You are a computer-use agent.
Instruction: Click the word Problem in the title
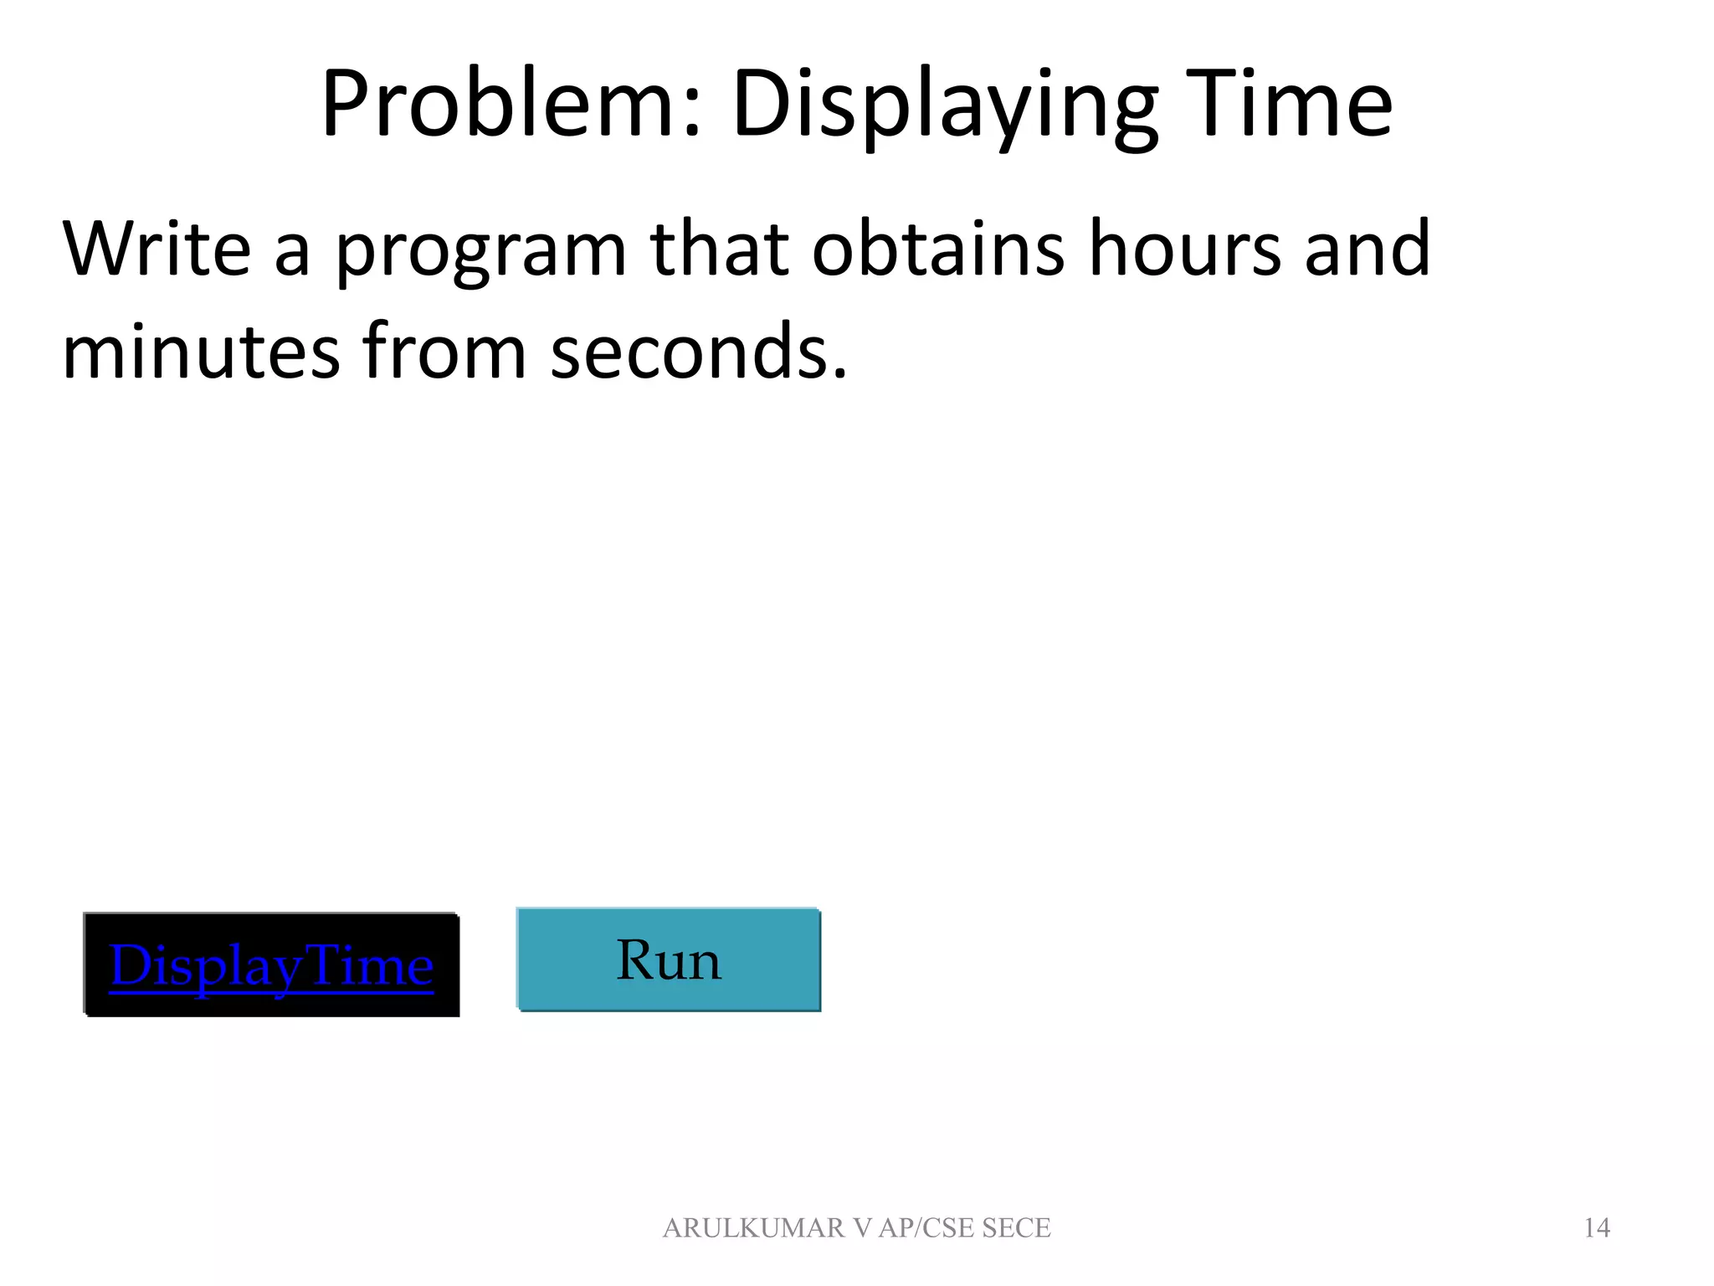coord(498,105)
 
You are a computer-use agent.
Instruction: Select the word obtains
coord(937,249)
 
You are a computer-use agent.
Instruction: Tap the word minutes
coord(201,352)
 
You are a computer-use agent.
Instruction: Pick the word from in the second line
coord(444,352)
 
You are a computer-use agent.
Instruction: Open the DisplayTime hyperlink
coord(271,965)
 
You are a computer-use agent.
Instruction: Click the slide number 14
coord(1597,1227)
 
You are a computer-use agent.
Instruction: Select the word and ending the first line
coord(1368,249)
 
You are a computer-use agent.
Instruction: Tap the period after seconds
coord(840,373)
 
